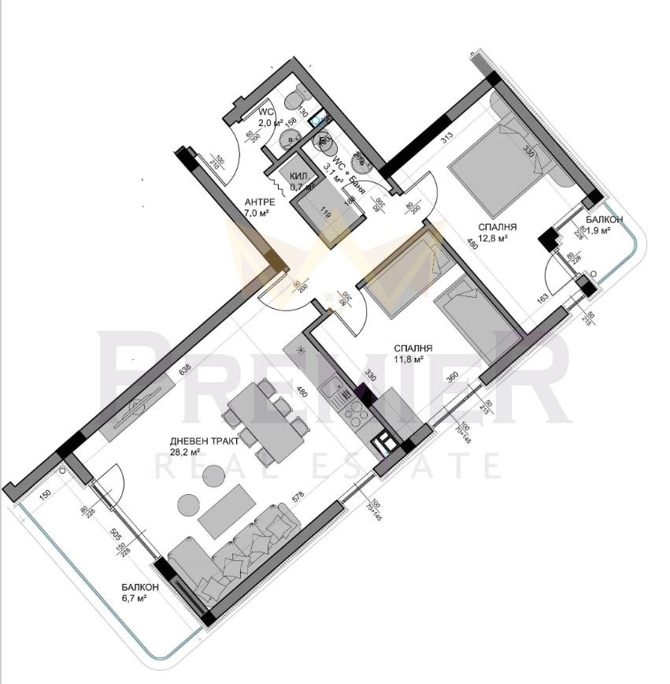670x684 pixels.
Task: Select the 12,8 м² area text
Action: click(x=490, y=236)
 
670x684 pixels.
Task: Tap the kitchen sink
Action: click(x=335, y=388)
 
